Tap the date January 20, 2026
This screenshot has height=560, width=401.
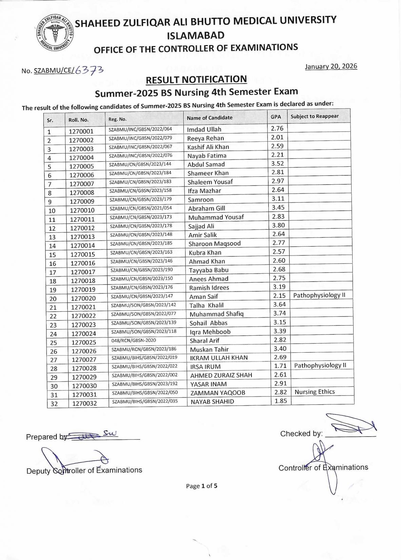[331, 66]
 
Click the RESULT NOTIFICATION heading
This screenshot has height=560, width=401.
[196, 80]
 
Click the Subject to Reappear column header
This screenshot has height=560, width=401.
[315, 116]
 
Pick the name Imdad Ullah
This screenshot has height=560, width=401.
[204, 129]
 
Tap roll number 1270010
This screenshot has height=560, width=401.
[82, 210]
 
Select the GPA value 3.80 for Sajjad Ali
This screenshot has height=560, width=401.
[278, 225]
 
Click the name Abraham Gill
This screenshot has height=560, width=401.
[207, 208]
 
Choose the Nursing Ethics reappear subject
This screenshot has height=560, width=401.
[315, 392]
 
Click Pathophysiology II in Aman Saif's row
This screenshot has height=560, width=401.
[319, 295]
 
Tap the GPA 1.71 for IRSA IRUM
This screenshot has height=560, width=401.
[280, 366]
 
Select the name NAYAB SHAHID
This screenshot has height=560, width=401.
[212, 402]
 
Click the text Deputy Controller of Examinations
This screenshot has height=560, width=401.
[84, 471]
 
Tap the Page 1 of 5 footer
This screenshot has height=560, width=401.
[201, 486]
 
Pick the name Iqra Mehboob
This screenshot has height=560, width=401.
[210, 332]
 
